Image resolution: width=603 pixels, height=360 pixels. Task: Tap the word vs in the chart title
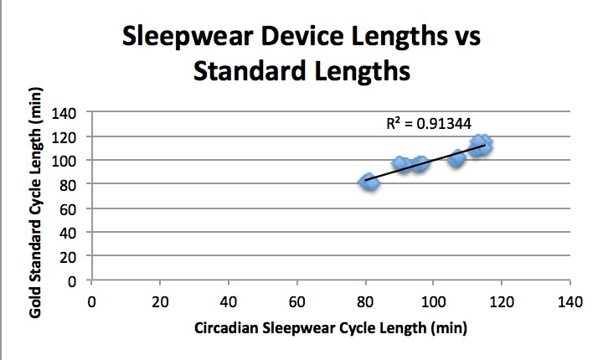tap(466, 38)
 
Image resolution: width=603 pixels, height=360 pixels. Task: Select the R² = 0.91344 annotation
tap(435, 123)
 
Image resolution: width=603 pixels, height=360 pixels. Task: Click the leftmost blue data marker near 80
tap(368, 182)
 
